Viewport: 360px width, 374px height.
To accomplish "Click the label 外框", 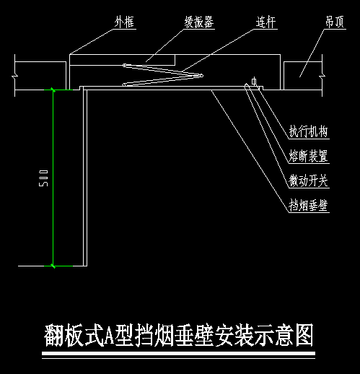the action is click(124, 22).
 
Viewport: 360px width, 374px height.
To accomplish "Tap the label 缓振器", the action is click(199, 22).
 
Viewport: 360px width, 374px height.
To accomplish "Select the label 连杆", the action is click(265, 22).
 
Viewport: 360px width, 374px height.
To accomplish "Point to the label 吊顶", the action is click(335, 22).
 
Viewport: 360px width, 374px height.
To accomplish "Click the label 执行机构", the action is click(308, 131).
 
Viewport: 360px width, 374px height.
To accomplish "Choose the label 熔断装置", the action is click(308, 156).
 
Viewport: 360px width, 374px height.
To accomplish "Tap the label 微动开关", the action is click(308, 181).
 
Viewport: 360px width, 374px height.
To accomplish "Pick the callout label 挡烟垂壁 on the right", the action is click(308, 205).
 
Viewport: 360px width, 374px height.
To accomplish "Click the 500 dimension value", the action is click(43, 178).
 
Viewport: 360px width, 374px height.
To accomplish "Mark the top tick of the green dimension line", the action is click(53, 90).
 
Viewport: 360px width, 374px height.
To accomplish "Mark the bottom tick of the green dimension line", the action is click(53, 266).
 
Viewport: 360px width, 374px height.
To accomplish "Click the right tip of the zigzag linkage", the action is click(201, 76).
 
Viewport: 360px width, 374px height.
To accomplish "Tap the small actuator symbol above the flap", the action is click(254, 82).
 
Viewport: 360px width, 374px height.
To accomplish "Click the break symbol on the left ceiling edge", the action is click(15, 76).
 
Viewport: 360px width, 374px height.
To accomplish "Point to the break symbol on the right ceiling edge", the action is click(322, 76).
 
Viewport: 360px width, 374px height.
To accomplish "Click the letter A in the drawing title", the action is click(110, 335).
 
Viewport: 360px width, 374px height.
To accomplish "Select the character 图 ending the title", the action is click(304, 335).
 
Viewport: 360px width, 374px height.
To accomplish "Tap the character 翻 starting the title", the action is click(54, 335).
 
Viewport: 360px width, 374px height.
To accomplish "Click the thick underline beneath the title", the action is click(178, 353).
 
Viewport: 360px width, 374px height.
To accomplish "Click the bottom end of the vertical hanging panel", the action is click(85, 266).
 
